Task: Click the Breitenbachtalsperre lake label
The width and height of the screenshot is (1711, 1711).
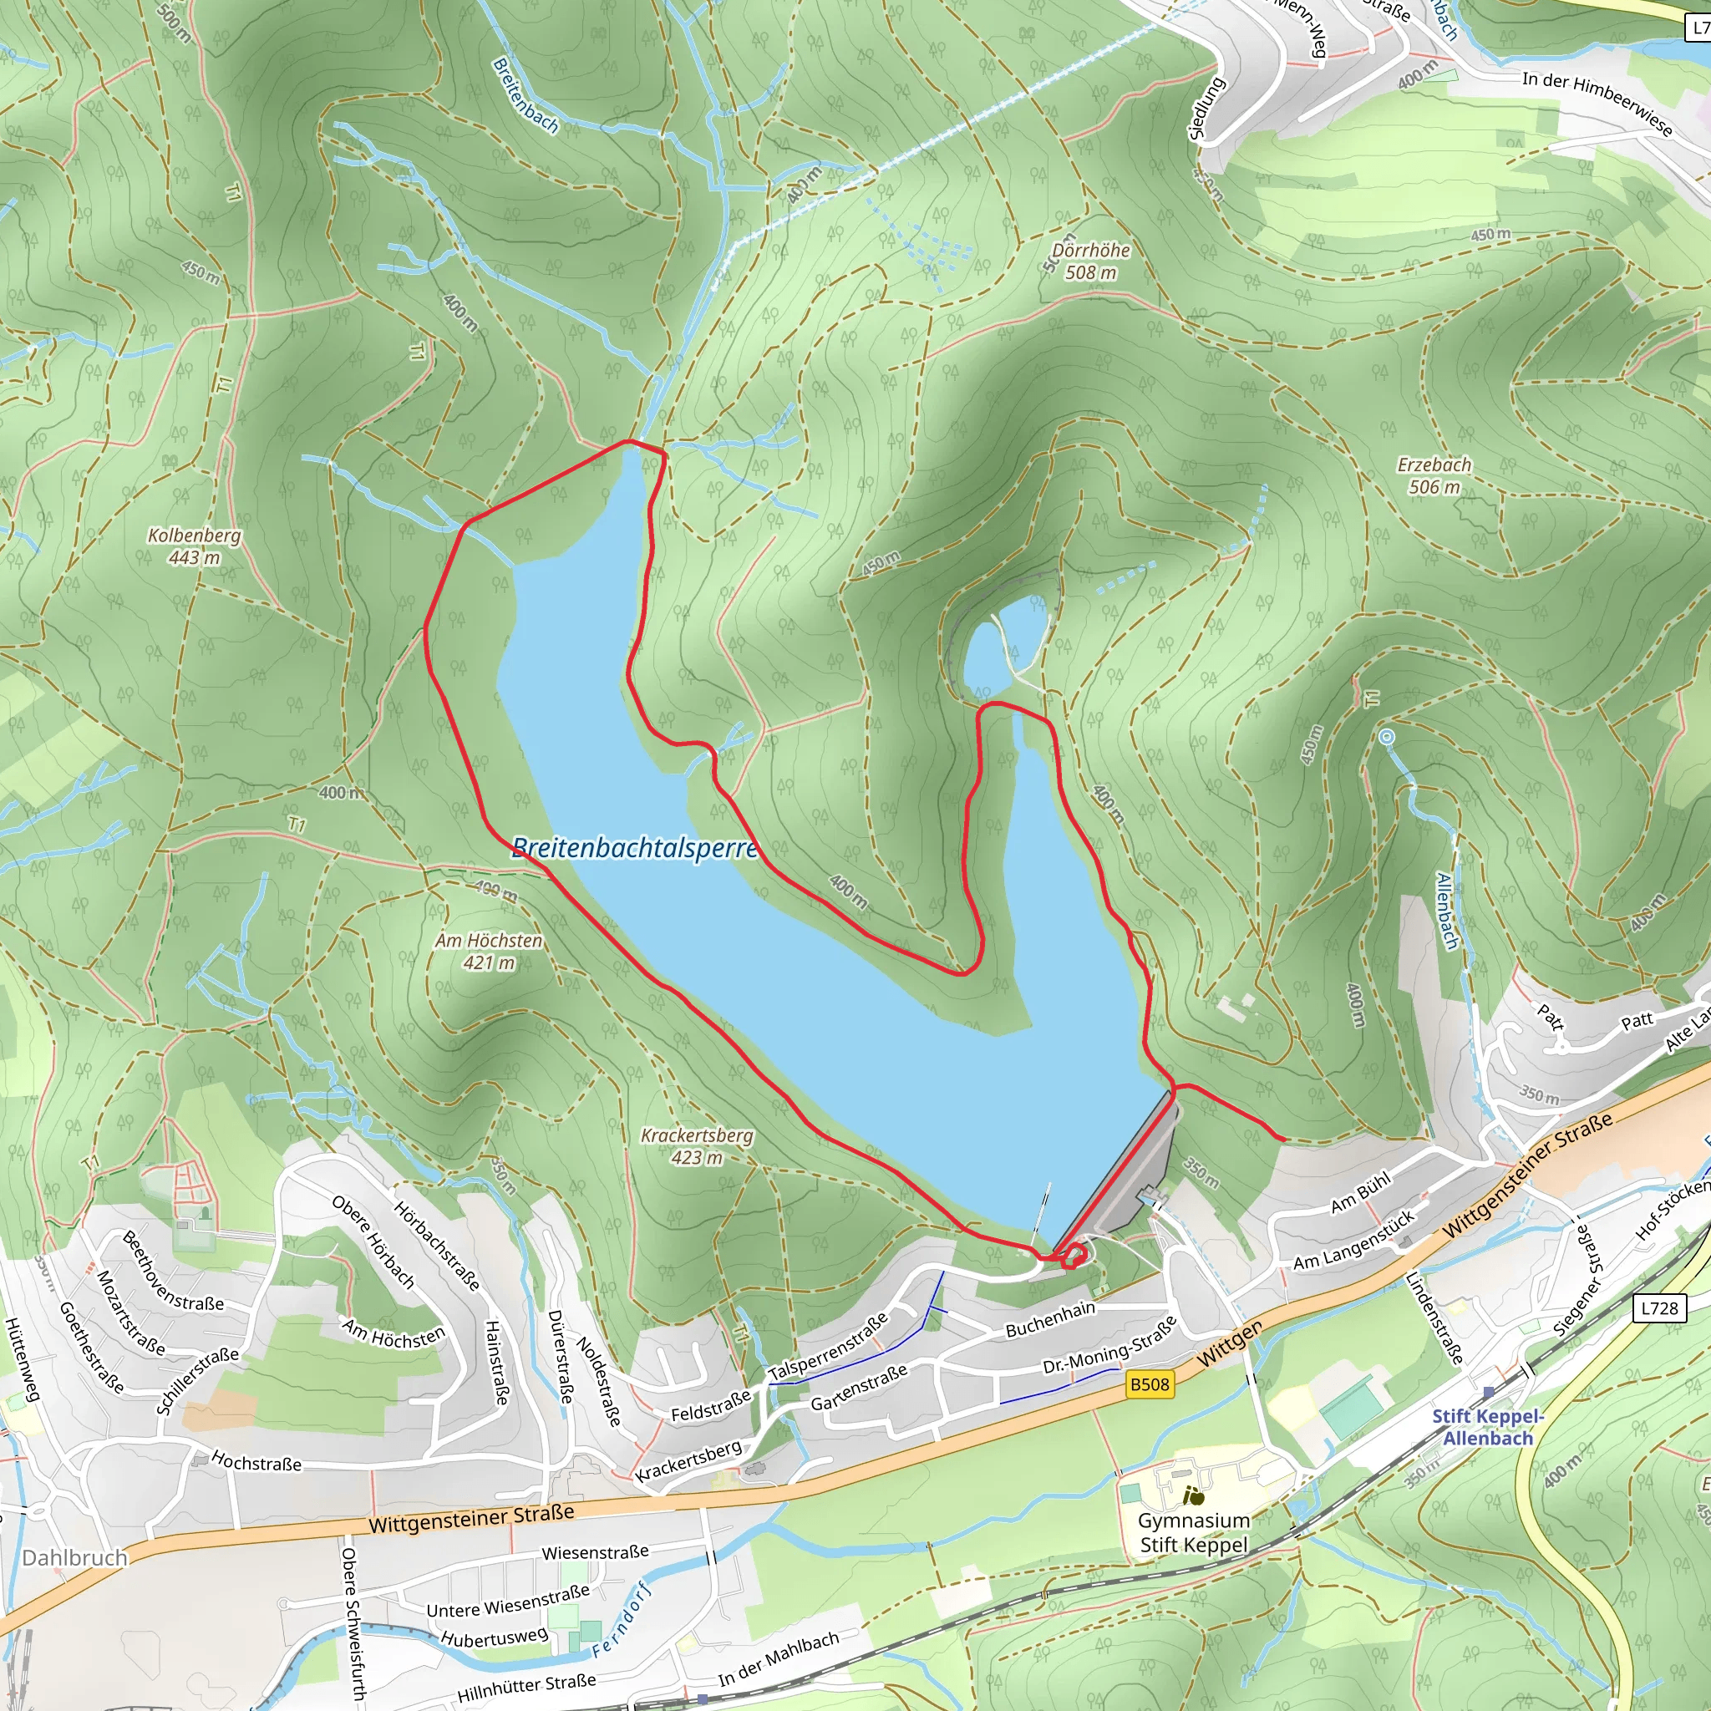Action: click(635, 849)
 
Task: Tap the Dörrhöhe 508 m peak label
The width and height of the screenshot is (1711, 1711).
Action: click(1090, 261)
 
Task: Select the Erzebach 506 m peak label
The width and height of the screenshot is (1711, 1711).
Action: click(1434, 475)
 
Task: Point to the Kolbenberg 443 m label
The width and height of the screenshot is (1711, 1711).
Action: click(194, 546)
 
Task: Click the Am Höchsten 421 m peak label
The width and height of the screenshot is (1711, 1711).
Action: click(488, 951)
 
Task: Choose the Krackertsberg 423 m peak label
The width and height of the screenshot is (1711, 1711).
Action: click(696, 1146)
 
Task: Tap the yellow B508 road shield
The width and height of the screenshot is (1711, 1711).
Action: click(1150, 1384)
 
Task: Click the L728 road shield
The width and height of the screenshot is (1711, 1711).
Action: click(1658, 1308)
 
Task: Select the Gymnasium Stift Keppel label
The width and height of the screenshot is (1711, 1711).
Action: click(1193, 1532)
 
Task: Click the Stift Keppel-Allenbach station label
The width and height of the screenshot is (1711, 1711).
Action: click(1487, 1427)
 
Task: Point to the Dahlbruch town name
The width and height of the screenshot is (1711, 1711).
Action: click(74, 1558)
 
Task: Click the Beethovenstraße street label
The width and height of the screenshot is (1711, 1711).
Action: click(174, 1272)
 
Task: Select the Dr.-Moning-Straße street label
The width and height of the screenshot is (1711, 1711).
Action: click(1109, 1345)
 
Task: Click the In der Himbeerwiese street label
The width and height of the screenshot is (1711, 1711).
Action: click(1597, 104)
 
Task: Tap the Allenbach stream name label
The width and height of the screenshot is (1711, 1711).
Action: click(1446, 911)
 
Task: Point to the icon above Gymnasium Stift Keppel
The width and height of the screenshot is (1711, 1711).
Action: click(1194, 1496)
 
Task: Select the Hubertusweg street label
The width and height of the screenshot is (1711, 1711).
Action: click(495, 1637)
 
